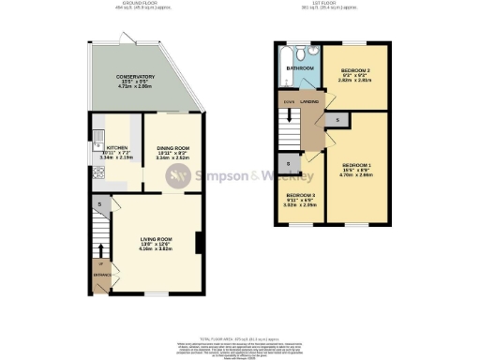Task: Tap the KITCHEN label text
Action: click(x=117, y=148)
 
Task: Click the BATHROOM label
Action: click(x=299, y=68)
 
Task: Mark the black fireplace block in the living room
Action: click(x=197, y=243)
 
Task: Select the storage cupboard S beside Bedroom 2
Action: click(x=337, y=120)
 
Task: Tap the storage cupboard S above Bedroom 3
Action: click(x=288, y=165)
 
